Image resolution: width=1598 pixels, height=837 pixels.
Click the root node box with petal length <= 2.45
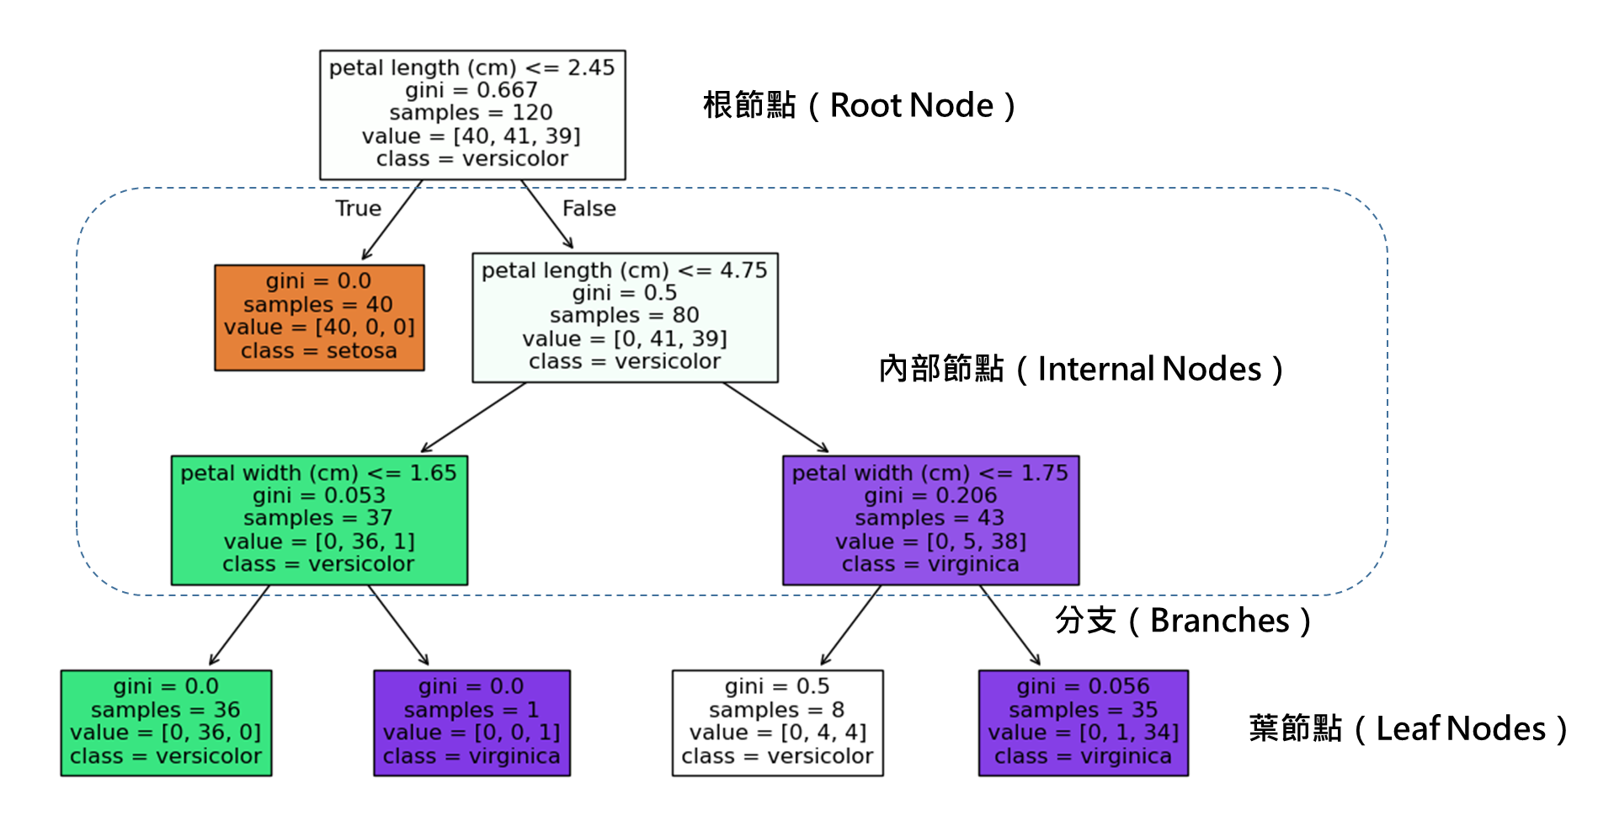472,115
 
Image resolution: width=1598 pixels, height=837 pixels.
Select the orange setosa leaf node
319,317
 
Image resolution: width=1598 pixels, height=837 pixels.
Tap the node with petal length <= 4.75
625,317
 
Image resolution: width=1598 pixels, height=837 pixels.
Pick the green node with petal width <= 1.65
319,520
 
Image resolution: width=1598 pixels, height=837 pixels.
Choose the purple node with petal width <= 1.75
930,520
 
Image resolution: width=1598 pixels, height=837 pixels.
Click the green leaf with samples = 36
166,722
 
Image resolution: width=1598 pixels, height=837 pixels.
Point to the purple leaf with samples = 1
471,722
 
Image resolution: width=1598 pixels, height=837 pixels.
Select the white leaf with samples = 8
777,722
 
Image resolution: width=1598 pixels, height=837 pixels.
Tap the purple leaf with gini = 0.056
1083,722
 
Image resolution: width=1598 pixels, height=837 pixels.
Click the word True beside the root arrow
358,208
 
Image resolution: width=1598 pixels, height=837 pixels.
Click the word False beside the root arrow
589,208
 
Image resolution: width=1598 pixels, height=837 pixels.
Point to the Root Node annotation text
860,106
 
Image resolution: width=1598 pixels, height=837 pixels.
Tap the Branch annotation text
1150,621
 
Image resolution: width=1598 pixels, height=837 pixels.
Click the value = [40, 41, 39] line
471,136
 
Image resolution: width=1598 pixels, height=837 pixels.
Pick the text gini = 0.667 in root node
471,90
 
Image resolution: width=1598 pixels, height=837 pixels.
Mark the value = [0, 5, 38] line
930,541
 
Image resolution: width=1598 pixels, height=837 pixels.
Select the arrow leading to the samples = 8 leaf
850,626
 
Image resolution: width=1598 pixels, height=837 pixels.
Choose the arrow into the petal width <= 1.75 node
775,417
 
